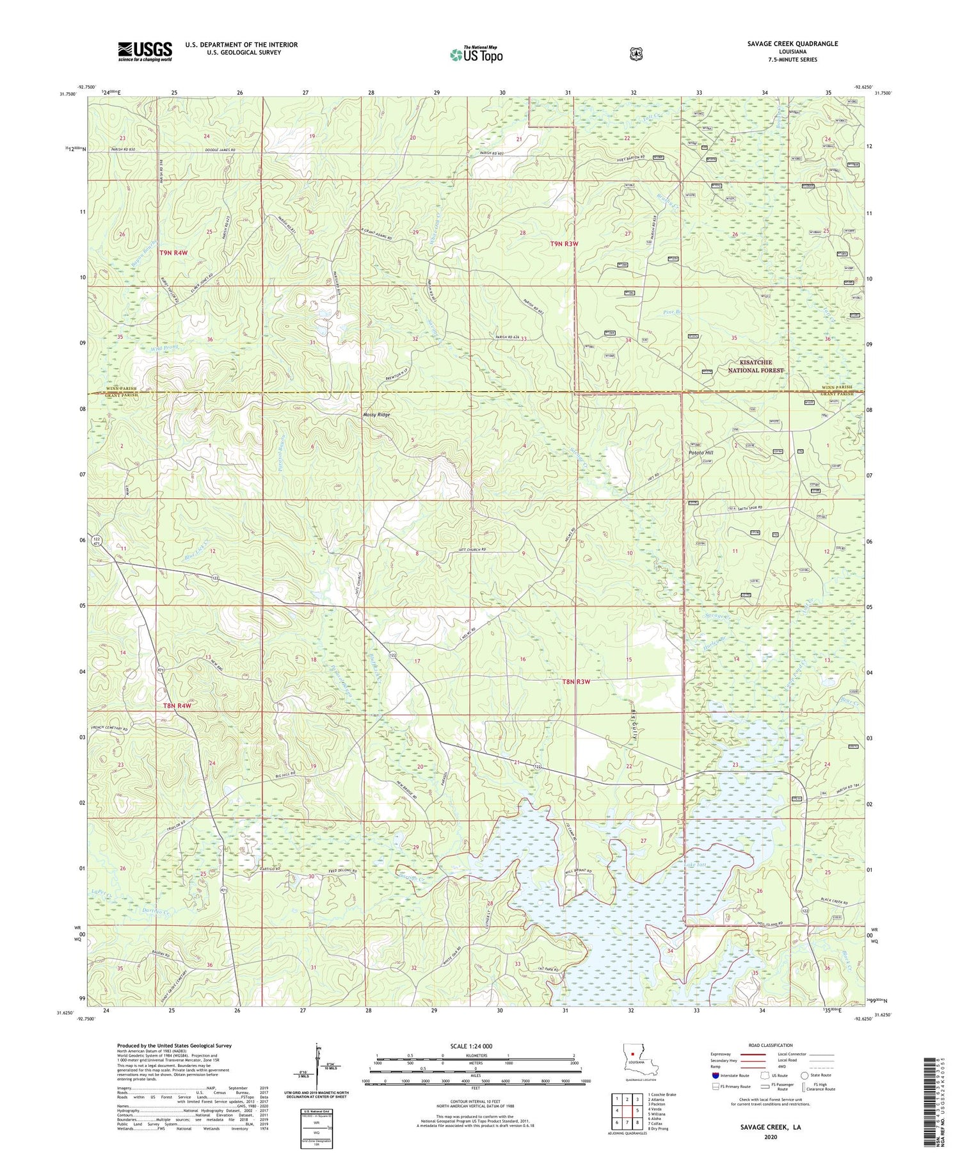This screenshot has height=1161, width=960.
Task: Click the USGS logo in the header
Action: [x=145, y=51]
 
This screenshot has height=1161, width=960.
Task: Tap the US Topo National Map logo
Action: [x=476, y=54]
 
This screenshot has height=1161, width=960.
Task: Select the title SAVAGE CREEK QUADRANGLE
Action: [x=792, y=44]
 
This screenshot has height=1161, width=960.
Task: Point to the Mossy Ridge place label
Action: [x=376, y=415]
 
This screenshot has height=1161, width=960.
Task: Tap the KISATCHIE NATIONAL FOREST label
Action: [x=755, y=366]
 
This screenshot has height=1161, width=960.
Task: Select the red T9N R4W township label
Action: [x=173, y=253]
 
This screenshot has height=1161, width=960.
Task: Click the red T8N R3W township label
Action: [x=575, y=682]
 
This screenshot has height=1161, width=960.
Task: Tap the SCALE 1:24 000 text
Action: [x=475, y=1046]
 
